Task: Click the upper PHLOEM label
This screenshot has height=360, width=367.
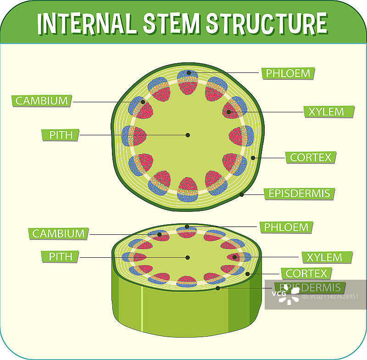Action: tap(288, 73)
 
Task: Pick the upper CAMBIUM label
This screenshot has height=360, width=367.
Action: tap(42, 101)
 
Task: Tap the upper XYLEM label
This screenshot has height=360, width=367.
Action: tap(326, 111)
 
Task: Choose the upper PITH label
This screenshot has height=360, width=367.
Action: tap(60, 135)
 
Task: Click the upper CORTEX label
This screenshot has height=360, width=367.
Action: tap(311, 157)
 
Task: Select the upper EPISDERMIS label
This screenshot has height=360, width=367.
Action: tap(299, 194)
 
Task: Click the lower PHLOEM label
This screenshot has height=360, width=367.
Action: tap(287, 227)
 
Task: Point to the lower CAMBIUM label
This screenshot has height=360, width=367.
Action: tap(58, 233)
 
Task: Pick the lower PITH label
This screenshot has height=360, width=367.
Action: tap(60, 256)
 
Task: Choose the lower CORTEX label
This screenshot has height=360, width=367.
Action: tap(306, 274)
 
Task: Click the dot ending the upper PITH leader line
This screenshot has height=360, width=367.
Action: tap(188, 135)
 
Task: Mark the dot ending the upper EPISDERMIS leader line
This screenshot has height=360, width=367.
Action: tap(242, 194)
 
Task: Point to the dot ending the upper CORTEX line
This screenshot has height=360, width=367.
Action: tap(253, 158)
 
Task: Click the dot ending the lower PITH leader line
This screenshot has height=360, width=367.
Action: tap(187, 257)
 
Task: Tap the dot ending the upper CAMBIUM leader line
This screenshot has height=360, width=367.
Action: tap(143, 102)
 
